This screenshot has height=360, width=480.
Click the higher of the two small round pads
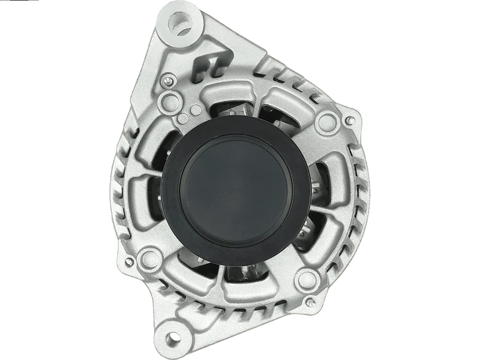[196, 109]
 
